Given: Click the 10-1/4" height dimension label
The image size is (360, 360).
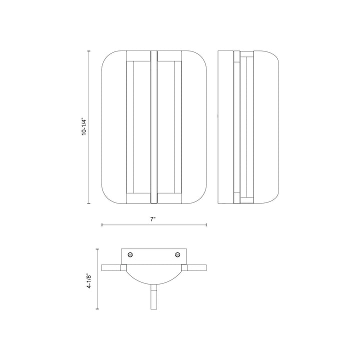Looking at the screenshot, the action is tap(84, 127).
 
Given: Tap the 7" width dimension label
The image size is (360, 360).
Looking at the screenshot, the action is tap(153, 219).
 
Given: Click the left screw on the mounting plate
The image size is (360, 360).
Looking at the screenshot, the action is tap(130, 254).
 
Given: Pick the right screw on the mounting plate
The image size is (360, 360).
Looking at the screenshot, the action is tap(177, 254).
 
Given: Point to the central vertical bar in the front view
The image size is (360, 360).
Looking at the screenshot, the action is tap(153, 127).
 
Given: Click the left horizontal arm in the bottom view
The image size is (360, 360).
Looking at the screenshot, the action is tap(111, 267).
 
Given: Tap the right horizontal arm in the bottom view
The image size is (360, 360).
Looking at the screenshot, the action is tap(196, 267).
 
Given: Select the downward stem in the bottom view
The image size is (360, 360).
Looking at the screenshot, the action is tap(154, 297).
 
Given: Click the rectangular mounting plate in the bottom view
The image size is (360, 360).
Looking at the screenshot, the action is tap(154, 256).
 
